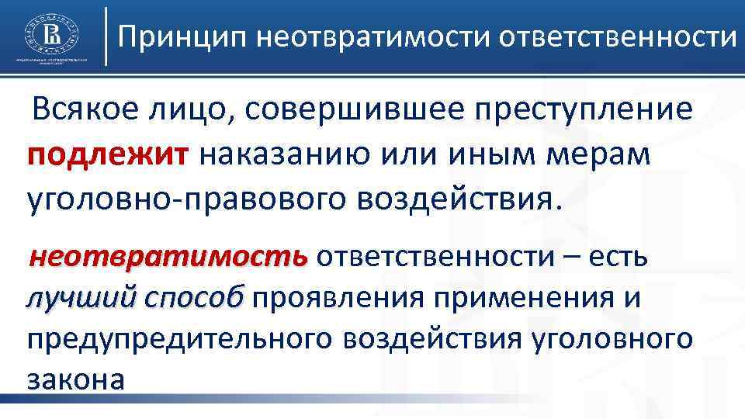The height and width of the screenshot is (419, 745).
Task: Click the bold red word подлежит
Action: pos(106,155)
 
